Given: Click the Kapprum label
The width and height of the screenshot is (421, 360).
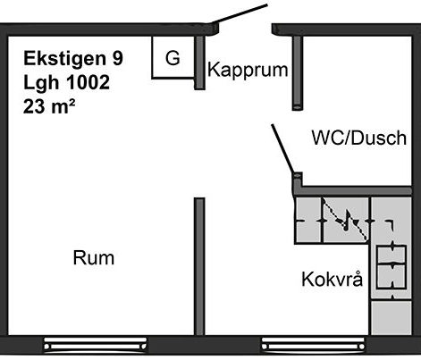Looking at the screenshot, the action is point(248,71).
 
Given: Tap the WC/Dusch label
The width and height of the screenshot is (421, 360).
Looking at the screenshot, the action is point(359,138).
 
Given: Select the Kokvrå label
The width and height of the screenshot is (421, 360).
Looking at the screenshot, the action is point(333,279).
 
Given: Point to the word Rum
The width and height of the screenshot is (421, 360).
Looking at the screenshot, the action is point(94,258).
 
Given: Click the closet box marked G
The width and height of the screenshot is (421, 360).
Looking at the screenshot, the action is point(173,57).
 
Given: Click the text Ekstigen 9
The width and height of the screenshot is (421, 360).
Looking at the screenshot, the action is point(73,58).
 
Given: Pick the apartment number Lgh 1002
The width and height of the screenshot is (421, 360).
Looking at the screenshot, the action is point(66,82).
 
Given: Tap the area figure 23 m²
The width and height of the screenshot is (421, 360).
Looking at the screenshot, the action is point(49,105).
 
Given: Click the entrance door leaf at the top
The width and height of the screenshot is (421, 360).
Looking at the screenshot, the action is point(240,13).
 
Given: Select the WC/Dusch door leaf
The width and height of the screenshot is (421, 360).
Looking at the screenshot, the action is point(282,149).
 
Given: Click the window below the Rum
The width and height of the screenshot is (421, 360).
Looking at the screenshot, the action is point(96,346).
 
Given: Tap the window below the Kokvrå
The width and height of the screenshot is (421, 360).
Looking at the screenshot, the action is point(313,346).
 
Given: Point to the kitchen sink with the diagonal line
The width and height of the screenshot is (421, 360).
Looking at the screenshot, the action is point(346,221).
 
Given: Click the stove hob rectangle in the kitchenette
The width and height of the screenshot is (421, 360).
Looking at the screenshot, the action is point(392,267).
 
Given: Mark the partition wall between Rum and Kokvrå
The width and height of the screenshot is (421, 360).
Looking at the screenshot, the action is point(199,266).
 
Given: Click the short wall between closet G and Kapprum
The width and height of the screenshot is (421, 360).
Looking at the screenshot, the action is point(199,63).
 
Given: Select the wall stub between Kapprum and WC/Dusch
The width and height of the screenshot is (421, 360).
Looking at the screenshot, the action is point(297,73).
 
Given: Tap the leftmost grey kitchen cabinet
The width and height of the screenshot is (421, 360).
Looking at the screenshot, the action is point(308,221).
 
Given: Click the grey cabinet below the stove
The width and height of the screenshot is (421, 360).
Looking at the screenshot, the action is point(392,317).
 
